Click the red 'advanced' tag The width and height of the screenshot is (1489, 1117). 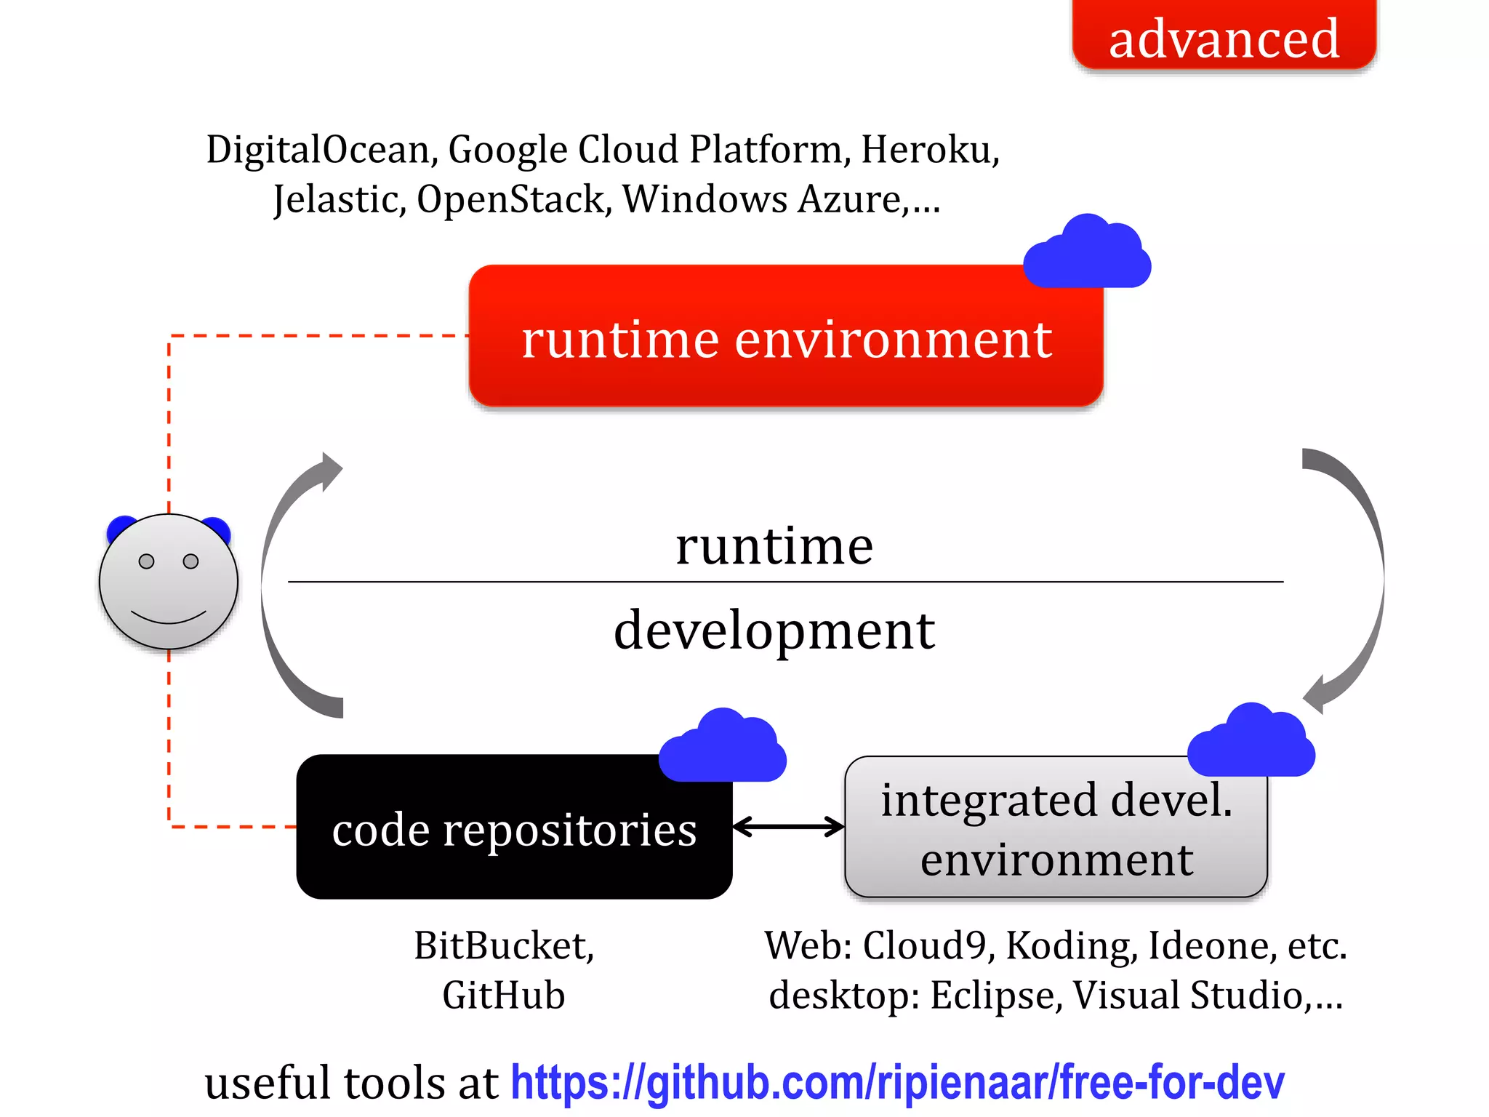coord(1224,36)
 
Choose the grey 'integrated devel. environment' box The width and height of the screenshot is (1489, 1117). coord(1056,829)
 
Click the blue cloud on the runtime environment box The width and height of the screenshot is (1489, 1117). coord(1087,252)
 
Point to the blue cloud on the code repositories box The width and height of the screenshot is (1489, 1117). coord(723,747)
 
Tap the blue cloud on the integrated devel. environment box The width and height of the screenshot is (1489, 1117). coord(1251,742)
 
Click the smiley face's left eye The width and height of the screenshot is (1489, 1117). coord(146,561)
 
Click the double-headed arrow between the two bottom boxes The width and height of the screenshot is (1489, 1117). coord(788,827)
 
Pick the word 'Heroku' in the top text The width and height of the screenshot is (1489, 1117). coord(929,151)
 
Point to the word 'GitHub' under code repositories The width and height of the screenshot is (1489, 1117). coord(503,995)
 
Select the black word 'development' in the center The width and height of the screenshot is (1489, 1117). coord(774,630)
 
